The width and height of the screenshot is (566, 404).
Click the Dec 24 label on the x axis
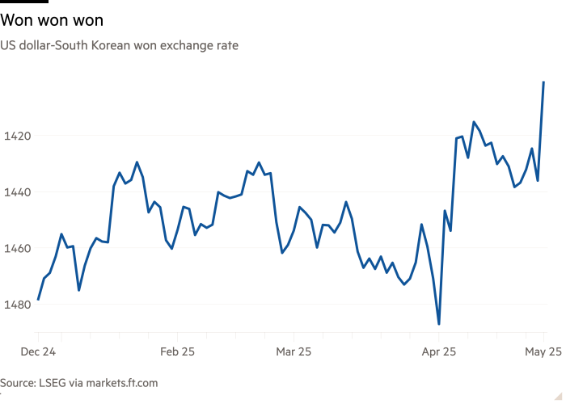[39, 352]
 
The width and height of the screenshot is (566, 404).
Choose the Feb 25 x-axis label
[178, 352]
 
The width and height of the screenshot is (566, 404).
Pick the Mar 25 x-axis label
[294, 352]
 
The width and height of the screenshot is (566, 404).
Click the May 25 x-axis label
[542, 352]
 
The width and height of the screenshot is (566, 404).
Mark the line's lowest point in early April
[439, 324]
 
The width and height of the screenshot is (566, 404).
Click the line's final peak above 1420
[543, 82]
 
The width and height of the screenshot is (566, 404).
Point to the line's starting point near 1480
[38, 301]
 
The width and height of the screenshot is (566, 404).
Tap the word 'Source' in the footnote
[18, 382]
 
